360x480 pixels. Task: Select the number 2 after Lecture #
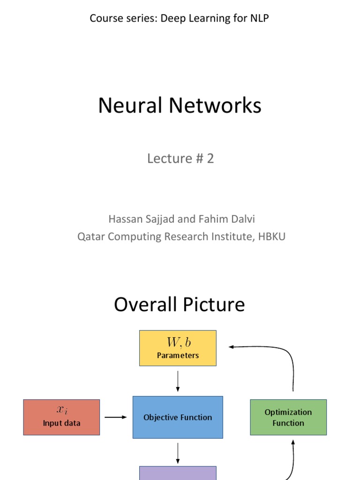(210, 158)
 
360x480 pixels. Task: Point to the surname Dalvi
(242, 219)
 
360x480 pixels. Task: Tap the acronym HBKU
(272, 237)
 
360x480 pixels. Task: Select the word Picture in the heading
(217, 305)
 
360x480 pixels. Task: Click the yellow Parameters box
(178, 348)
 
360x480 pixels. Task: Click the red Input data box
(61, 417)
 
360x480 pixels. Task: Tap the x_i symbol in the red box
(61, 410)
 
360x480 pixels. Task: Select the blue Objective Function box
(178, 417)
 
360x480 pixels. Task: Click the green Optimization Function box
(288, 417)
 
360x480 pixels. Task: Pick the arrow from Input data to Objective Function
(115, 417)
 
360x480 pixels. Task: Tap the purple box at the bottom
(178, 473)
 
